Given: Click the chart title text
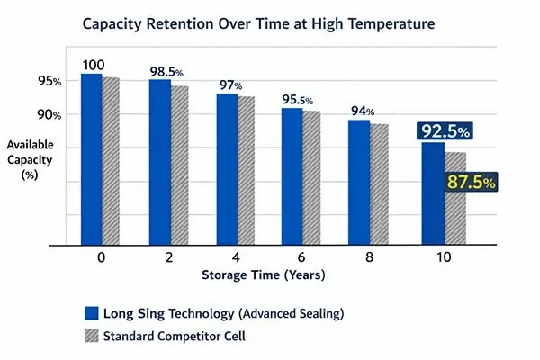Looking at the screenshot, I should [269, 25].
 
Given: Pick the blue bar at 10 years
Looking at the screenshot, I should [432, 193].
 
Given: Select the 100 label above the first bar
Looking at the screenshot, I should [94, 65].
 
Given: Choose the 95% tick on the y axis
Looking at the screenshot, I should [49, 81].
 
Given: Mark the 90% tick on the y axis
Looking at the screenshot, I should [49, 115].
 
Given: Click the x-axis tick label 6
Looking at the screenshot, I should [301, 258].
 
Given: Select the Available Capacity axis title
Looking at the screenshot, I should [32, 159].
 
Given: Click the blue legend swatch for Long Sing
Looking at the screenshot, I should [91, 313].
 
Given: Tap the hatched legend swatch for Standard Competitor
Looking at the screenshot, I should [91, 334].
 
